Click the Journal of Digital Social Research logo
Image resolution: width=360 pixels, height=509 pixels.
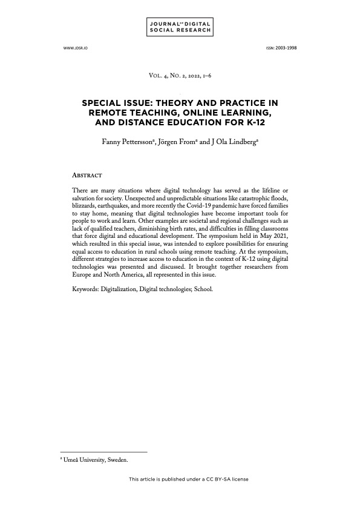click(180, 27)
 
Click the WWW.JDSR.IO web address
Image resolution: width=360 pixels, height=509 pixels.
click(73, 47)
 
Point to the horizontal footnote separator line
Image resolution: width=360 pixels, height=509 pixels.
click(103, 452)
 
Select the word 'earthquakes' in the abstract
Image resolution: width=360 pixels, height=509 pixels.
click(120, 206)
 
